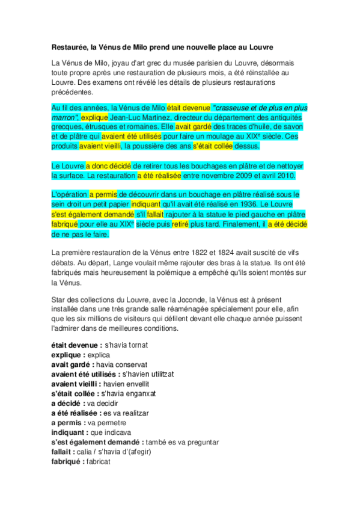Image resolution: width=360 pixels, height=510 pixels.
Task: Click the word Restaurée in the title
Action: (70, 47)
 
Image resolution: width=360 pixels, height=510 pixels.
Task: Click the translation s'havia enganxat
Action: (129, 393)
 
